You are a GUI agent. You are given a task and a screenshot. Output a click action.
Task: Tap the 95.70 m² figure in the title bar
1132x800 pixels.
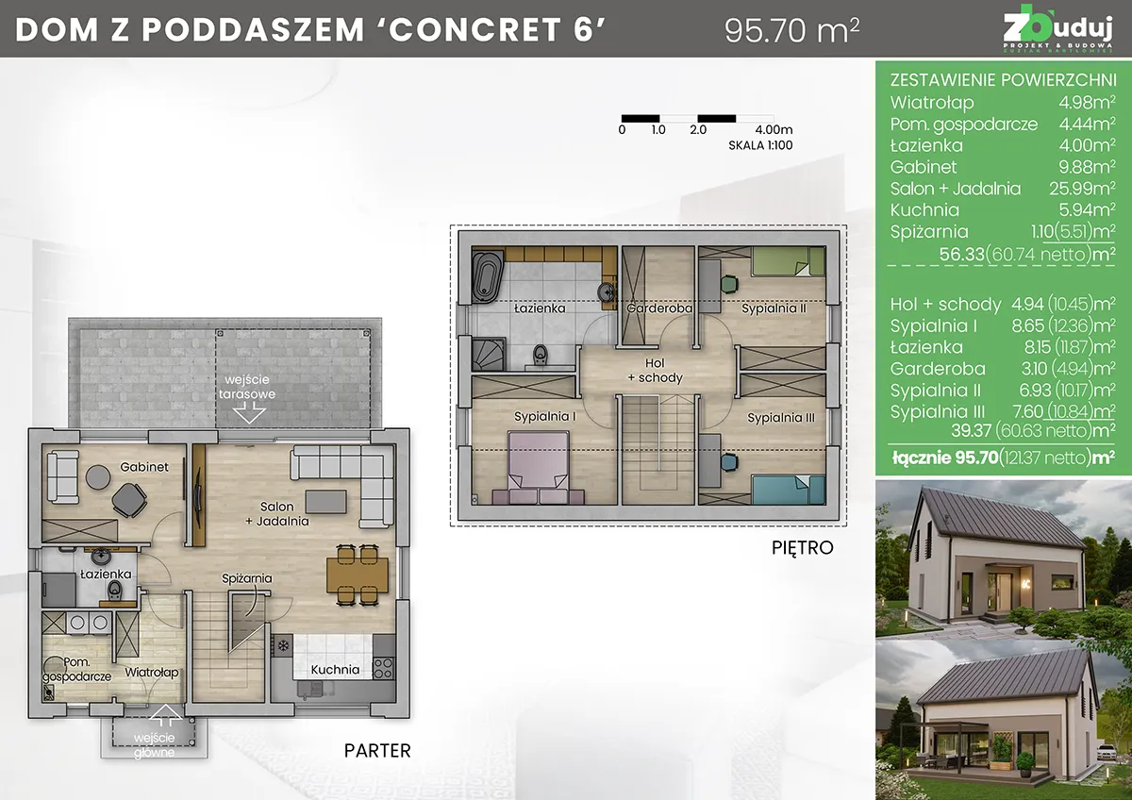791,30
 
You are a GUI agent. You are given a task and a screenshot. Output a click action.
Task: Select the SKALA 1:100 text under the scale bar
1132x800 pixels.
759,146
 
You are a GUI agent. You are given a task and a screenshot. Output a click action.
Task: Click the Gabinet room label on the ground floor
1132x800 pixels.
143,467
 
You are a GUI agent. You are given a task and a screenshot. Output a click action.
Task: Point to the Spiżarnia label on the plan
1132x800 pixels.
247,578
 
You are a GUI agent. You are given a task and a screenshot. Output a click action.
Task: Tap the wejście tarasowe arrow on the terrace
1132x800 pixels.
249,412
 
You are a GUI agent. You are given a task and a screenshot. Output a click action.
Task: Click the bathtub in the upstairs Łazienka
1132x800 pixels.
488,277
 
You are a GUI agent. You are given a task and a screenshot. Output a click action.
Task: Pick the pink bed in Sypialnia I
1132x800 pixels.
539,462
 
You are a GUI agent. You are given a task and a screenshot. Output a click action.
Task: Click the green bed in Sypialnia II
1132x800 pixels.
783,261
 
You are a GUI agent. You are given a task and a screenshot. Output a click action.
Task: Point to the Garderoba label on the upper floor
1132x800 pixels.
659,308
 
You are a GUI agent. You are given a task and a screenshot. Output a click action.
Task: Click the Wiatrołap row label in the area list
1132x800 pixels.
932,103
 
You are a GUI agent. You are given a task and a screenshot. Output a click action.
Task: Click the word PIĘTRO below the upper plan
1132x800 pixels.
802,547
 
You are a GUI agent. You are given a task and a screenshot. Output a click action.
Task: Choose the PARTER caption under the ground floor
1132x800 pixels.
377,751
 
